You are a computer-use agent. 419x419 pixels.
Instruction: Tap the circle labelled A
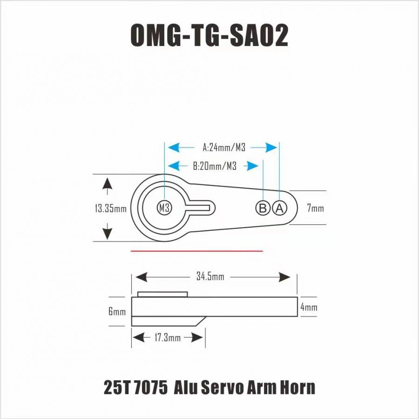[279, 208]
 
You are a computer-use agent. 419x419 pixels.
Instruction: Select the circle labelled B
[263, 208]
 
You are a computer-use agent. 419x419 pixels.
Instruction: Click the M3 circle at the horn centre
[164, 208]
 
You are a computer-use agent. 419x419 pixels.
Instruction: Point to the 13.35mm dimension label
[111, 209]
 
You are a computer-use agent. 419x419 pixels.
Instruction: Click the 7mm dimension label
[315, 208]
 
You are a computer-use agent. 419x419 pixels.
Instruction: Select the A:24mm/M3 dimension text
[224, 147]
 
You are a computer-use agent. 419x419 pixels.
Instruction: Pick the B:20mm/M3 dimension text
[215, 166]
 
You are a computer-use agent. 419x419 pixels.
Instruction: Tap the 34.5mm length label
[210, 277]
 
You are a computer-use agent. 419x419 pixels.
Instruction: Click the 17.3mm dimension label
[168, 338]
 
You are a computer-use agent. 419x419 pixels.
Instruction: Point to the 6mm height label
[117, 311]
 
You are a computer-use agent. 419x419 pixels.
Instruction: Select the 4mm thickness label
[309, 307]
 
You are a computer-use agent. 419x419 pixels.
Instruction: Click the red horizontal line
[196, 251]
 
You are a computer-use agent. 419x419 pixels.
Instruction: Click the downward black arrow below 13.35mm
[107, 231]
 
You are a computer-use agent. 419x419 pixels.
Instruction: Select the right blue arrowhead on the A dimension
[271, 147]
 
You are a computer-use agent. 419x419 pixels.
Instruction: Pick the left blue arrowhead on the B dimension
[174, 166]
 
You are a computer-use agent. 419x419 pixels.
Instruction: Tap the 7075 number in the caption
[150, 387]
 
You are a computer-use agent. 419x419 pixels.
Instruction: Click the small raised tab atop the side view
[162, 294]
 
